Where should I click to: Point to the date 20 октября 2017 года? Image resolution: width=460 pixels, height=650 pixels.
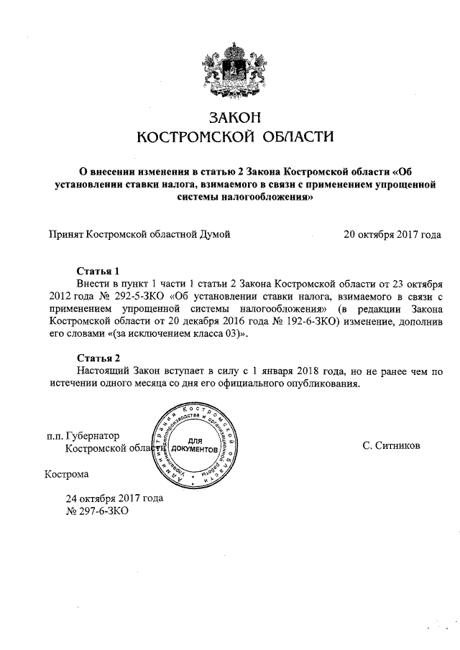(x=392, y=233)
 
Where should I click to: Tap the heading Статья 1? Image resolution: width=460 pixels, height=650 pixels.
(x=98, y=271)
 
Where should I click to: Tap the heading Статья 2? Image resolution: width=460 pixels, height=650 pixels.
(x=98, y=358)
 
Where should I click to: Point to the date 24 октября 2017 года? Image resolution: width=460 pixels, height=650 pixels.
(x=114, y=497)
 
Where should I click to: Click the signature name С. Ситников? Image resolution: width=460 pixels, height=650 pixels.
(x=392, y=445)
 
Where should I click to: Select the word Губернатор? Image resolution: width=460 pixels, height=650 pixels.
(x=92, y=435)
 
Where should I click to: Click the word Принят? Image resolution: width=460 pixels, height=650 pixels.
(x=65, y=233)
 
